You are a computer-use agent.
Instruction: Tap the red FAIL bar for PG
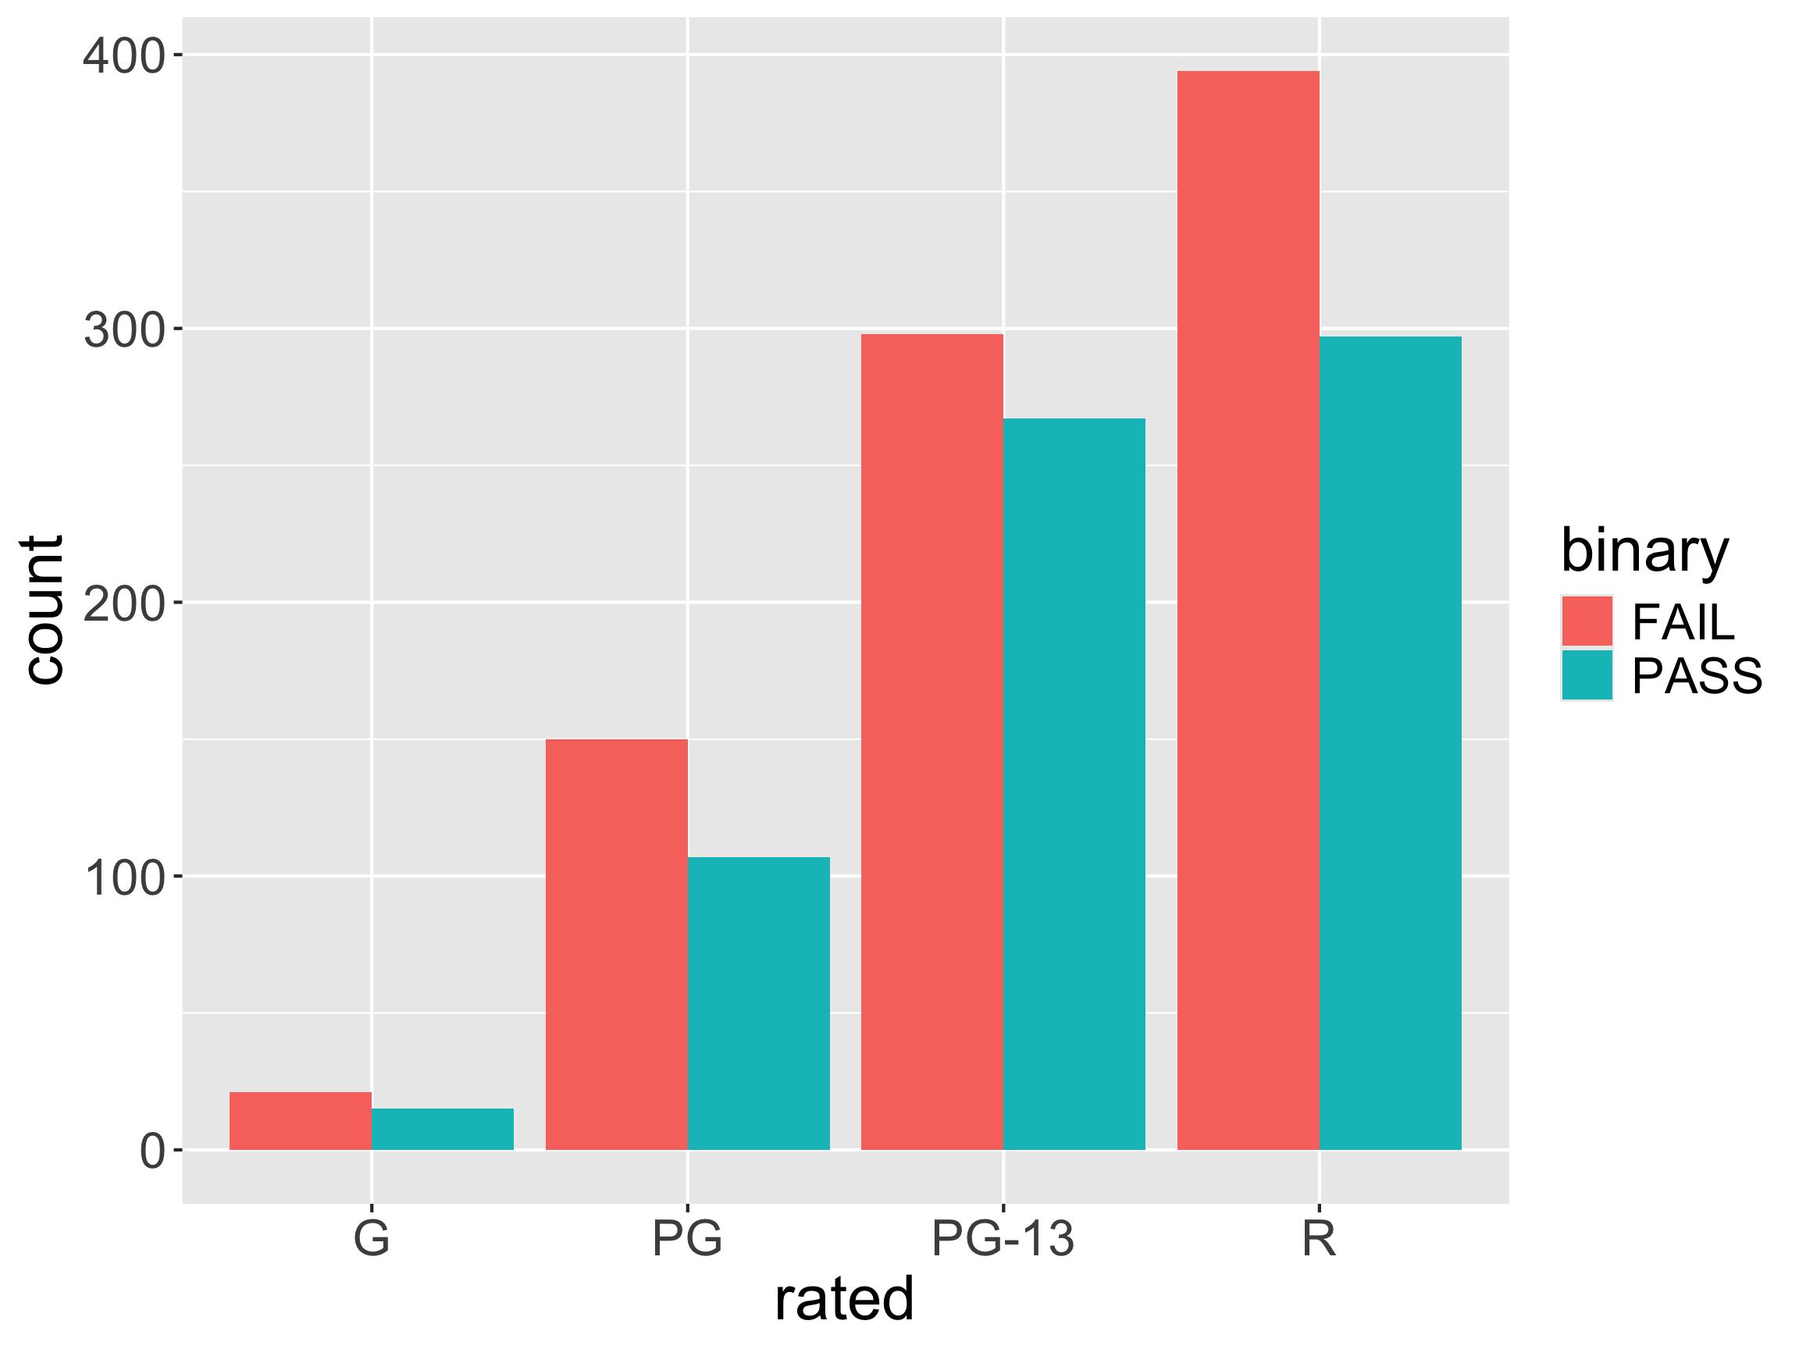tap(617, 944)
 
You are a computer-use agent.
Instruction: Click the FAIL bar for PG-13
tap(932, 742)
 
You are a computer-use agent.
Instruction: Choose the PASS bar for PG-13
tap(1074, 784)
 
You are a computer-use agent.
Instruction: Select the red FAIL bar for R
tap(1249, 610)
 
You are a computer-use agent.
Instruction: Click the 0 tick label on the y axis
tap(152, 1151)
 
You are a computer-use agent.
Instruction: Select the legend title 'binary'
tap(1644, 552)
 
